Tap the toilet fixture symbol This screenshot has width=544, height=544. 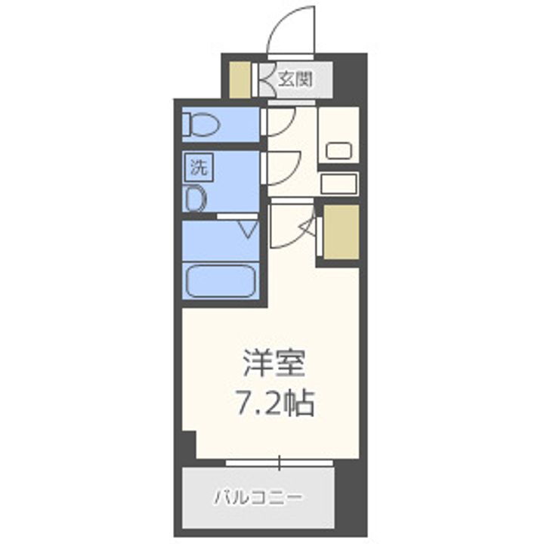(201, 123)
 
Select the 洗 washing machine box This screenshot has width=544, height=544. (198, 168)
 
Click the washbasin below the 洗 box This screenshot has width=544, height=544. (196, 200)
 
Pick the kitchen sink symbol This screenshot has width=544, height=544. (338, 150)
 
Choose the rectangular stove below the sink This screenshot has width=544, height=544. (338, 183)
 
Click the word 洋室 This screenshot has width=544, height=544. (274, 365)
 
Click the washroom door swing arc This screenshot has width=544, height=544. (282, 165)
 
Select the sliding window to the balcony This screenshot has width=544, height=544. (280, 462)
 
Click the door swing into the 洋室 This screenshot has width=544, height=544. (289, 225)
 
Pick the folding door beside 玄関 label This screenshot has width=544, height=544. (265, 79)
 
